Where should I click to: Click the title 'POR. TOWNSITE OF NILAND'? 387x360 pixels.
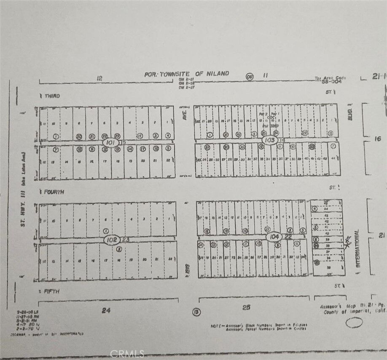click(x=187, y=74)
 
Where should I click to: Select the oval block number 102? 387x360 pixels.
click(x=112, y=240)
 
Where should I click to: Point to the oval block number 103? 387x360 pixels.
click(x=269, y=139)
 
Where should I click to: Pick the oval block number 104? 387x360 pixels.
click(x=274, y=237)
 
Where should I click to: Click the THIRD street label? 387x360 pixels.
click(x=51, y=96)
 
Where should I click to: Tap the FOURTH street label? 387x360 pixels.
click(x=52, y=192)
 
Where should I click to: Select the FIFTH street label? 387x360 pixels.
click(x=50, y=291)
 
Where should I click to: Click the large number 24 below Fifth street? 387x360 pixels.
click(x=106, y=310)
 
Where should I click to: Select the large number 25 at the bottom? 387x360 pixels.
click(x=246, y=307)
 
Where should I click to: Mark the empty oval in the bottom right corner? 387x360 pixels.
click(x=353, y=323)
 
